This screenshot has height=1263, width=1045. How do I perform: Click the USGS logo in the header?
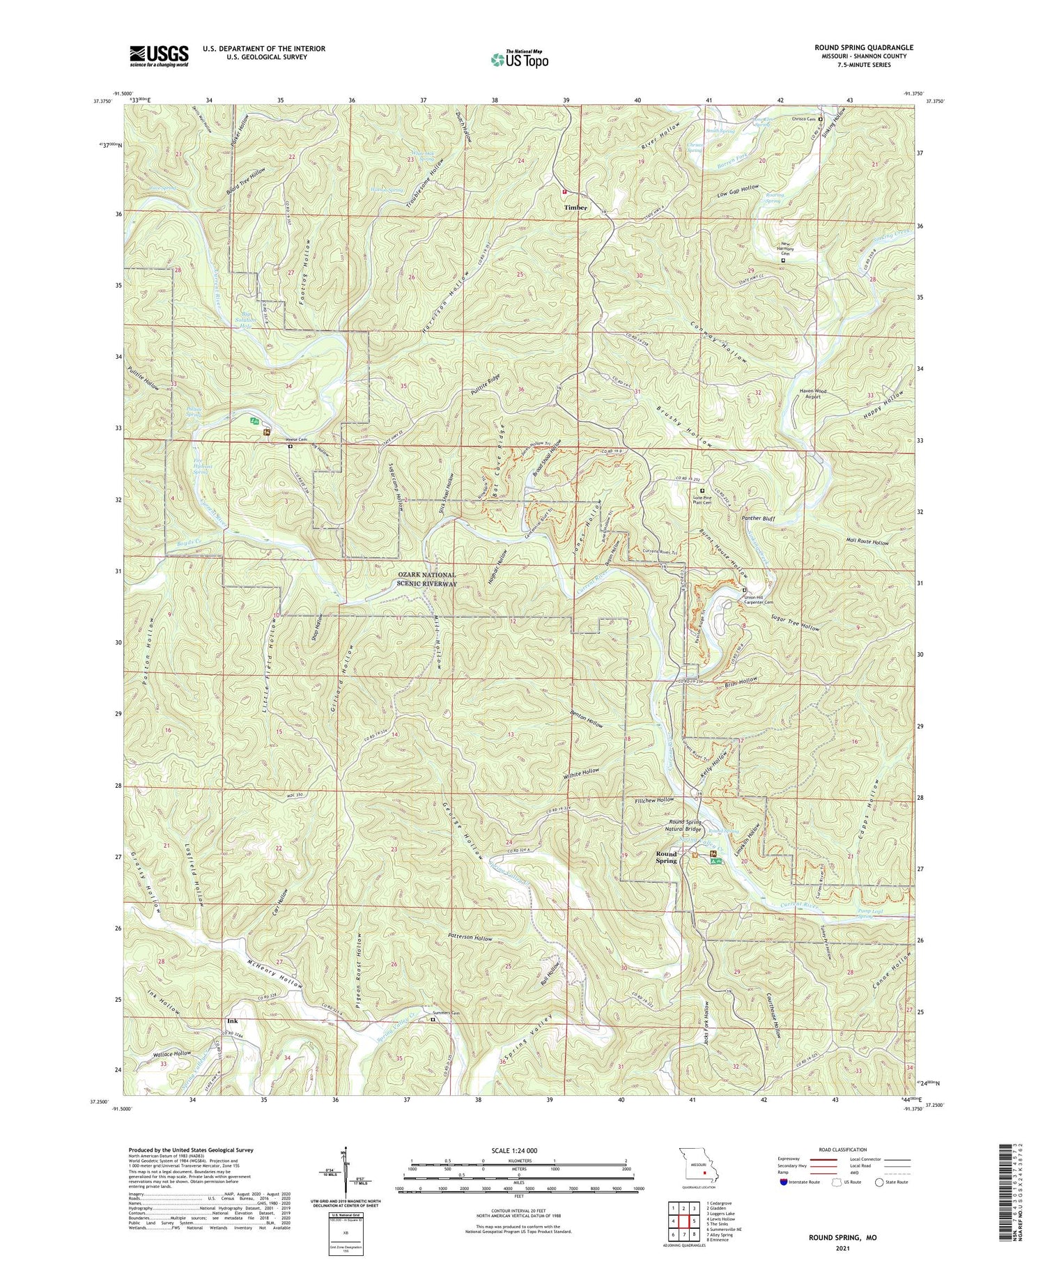point(159,56)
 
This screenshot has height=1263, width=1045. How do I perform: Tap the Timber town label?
point(575,208)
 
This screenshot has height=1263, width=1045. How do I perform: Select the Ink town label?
point(232,1021)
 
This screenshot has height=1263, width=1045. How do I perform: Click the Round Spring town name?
point(666,858)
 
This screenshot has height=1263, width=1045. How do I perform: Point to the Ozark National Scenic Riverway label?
point(427,579)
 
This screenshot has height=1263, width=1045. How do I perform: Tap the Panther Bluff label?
point(759,518)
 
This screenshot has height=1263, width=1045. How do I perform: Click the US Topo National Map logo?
point(519,59)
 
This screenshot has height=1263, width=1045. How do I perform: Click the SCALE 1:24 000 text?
point(519,1150)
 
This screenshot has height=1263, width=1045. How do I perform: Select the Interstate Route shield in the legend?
point(784,1182)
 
